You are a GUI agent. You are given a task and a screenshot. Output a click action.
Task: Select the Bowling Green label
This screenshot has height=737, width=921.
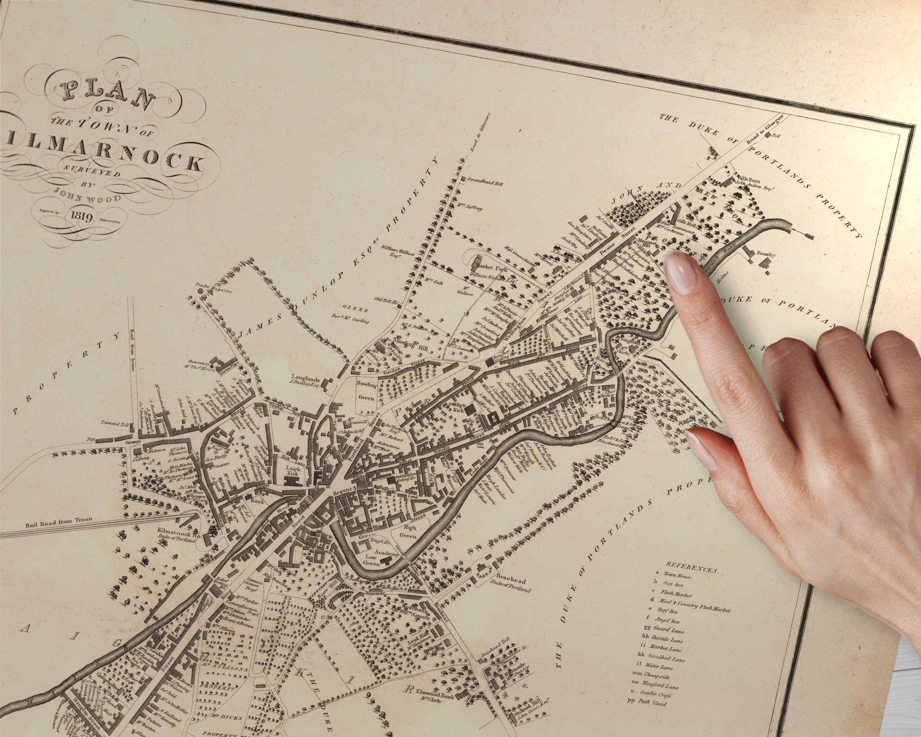click(x=367, y=391)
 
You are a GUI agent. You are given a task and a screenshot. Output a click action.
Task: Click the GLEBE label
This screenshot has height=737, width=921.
click(x=349, y=306)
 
